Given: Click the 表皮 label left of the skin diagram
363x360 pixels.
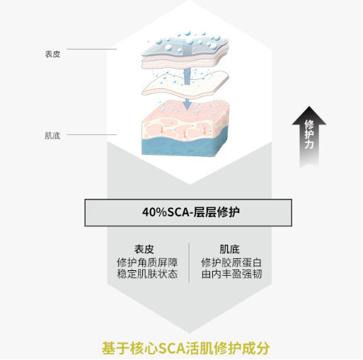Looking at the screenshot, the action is click(x=52, y=54).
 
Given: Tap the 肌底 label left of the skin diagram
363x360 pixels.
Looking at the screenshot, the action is click(x=52, y=136).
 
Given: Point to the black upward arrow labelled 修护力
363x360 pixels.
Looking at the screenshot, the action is click(x=309, y=137).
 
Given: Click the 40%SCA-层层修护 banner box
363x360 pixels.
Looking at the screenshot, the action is click(x=188, y=213).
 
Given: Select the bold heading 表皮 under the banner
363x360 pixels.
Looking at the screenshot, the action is click(x=144, y=249).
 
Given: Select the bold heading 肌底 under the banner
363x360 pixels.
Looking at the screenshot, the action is click(x=229, y=249).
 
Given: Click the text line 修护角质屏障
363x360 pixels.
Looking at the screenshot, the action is click(x=147, y=262).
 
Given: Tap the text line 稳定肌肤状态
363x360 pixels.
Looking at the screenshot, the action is click(x=147, y=274).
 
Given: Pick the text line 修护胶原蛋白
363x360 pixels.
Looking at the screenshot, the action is click(x=231, y=262).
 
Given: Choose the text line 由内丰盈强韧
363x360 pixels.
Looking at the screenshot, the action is click(x=231, y=274).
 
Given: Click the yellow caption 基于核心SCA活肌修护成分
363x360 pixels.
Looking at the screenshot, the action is click(x=185, y=348).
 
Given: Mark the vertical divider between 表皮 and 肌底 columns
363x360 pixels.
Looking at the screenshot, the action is click(x=189, y=262).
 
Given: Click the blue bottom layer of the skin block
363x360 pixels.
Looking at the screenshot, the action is click(x=185, y=146).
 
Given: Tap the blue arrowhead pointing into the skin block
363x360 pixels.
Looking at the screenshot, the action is click(x=188, y=105).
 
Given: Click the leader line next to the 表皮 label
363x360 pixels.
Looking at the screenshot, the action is click(x=92, y=49).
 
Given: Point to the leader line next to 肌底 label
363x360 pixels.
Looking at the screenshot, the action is click(x=92, y=134).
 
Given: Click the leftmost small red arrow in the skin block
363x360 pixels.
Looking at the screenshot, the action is click(x=162, y=129).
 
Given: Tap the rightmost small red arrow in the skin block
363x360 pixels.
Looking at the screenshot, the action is click(x=204, y=130).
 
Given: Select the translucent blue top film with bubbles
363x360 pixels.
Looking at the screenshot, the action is click(x=185, y=46).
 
